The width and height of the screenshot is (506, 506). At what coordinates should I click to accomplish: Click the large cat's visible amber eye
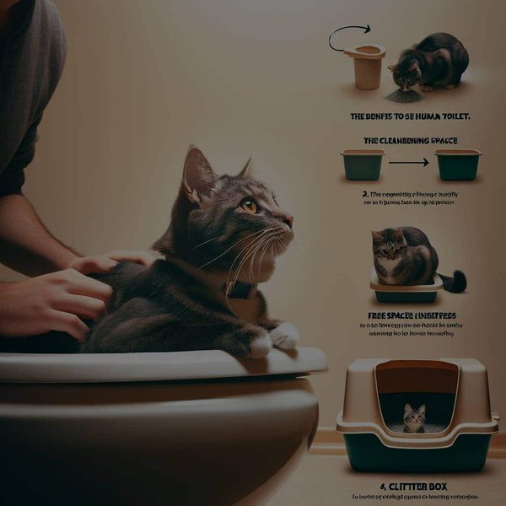(249, 205)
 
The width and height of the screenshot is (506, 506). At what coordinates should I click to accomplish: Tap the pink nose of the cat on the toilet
(288, 221)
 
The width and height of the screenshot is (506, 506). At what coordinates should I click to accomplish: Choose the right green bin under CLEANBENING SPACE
(458, 164)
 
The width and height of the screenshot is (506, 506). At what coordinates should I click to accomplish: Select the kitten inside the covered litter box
(413, 417)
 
